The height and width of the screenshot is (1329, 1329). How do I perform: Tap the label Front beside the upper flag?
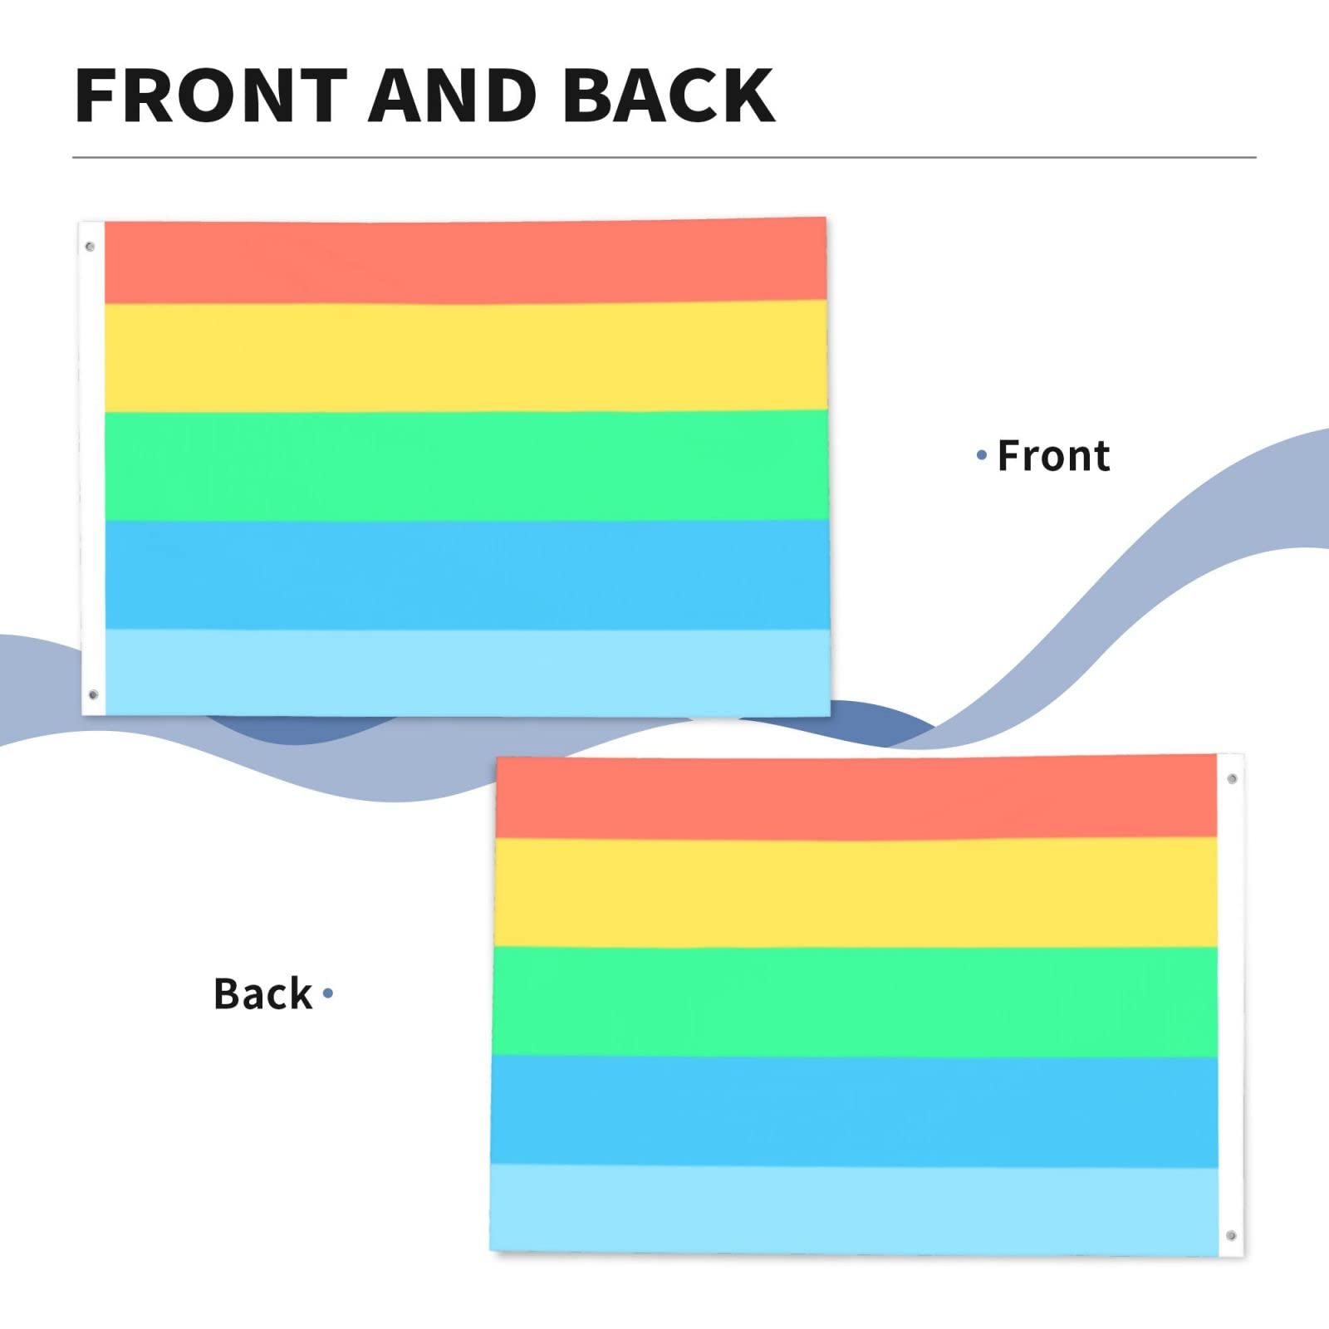coord(1053,456)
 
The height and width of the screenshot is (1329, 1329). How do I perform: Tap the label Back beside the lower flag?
coord(262,993)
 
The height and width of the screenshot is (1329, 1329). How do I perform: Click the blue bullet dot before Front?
coord(982,455)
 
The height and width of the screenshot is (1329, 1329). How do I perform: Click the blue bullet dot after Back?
coord(328,993)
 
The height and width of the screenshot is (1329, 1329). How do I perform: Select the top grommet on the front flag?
coord(90,247)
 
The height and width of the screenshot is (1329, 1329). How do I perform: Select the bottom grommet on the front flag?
coord(92,694)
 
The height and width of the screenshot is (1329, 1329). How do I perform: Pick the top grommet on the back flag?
coord(1232,778)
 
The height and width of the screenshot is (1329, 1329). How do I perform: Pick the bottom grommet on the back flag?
coord(1231,1236)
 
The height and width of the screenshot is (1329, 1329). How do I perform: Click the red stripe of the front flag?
coord(465,262)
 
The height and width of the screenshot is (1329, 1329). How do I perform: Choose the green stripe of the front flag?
coord(465,465)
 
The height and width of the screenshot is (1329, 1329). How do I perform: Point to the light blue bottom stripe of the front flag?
coord(465,671)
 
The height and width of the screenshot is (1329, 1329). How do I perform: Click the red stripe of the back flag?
coord(856,797)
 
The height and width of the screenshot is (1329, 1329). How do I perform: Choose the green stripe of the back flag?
coord(856,1001)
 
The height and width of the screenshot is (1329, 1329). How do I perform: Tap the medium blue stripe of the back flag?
coord(856,1111)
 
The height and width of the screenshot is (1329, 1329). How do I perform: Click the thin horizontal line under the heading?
coord(664,157)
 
